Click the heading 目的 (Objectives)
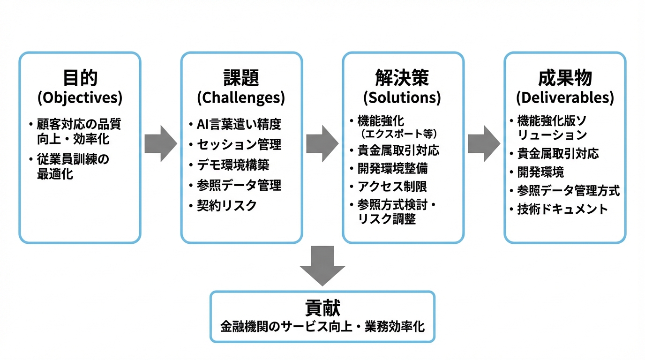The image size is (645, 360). pos(80,87)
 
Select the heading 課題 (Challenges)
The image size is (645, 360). pos(241,87)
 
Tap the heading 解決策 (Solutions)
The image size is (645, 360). pos(402,87)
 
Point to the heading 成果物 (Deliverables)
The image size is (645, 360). pos(564,87)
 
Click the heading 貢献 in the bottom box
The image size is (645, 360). pos(322,308)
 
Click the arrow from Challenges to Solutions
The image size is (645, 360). pos(322,143)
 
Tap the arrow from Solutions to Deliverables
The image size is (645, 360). pos(484,143)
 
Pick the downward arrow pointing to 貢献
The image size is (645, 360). pos(322,265)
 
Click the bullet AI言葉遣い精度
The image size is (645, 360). pos(239,124)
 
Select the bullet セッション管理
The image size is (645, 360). pos(239,144)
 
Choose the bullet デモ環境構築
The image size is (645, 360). pos(233,165)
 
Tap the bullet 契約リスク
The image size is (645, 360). pos(226,205)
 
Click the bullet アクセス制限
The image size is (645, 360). pos(392,187)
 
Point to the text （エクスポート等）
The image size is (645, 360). pos(399,134)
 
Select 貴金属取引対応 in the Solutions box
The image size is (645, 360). pos(398,150)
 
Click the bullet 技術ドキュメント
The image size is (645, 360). pos(562,209)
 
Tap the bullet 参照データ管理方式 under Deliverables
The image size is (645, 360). pos(568,190)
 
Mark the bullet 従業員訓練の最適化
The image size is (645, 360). pos(73,167)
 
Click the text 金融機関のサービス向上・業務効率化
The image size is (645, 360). pos(322,326)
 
